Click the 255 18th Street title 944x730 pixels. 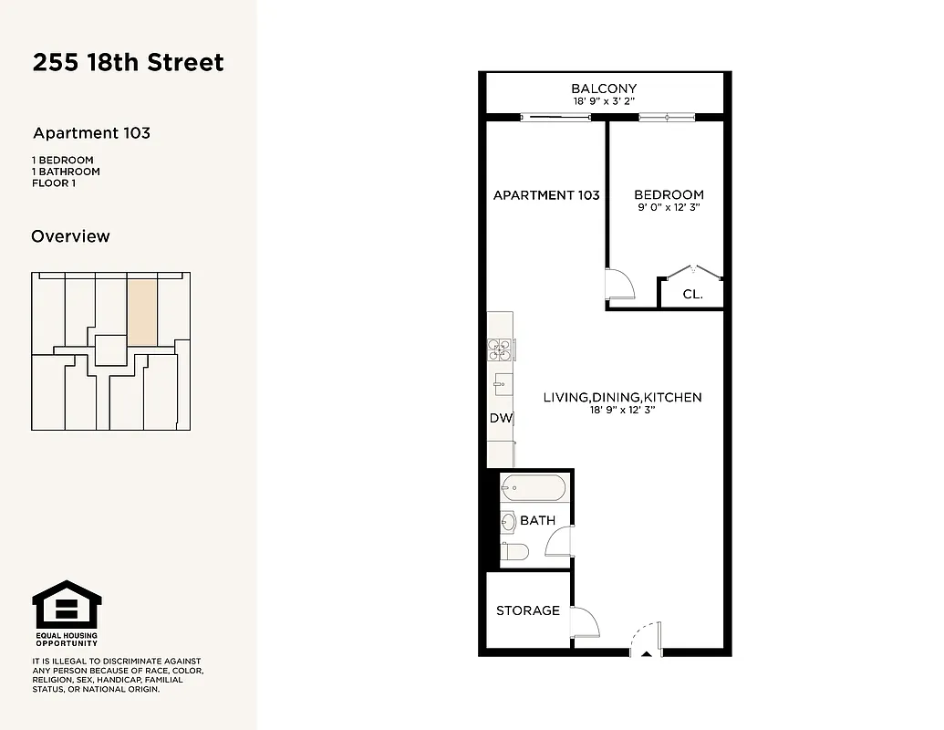128,63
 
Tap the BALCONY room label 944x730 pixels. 604,89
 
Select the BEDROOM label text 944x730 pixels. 669,194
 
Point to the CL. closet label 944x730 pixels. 692,295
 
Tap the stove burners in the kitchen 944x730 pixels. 499,346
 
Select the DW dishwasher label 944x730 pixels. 501,419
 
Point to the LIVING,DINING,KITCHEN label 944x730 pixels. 622,397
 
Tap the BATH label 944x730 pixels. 537,521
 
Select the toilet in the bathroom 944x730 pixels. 515,551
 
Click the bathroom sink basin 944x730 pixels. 507,523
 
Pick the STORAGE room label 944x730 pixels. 527,610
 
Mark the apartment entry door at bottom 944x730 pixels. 645,639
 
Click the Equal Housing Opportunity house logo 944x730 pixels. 67,605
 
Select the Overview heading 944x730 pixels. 70,236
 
